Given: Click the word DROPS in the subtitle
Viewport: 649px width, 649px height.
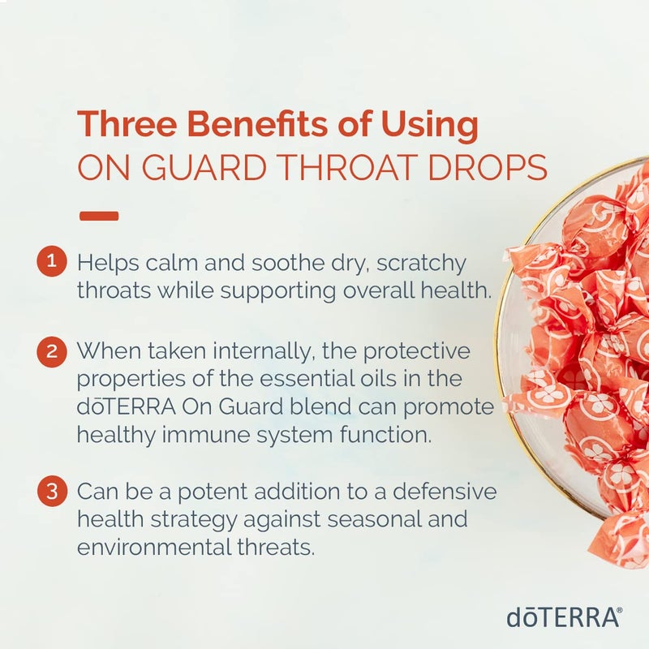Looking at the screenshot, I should tap(490, 169).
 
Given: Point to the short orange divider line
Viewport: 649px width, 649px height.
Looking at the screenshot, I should tap(100, 216).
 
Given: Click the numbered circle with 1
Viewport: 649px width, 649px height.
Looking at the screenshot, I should tap(51, 262).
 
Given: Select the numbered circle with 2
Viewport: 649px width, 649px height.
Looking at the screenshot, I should tap(51, 353).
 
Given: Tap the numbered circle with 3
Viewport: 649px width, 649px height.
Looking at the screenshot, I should tap(51, 491).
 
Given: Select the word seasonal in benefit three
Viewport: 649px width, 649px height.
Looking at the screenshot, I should tap(429, 519).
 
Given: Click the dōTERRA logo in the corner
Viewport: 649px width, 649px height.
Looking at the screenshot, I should tap(561, 617).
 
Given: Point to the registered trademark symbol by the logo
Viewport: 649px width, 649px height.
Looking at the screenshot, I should tap(620, 609).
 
